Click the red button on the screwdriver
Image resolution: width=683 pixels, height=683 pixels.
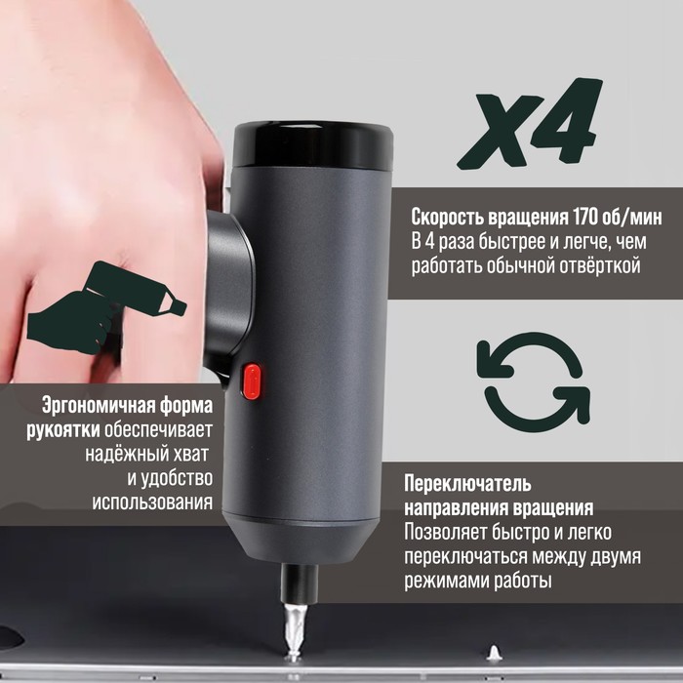252,382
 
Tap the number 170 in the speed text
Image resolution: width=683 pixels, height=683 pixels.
585,217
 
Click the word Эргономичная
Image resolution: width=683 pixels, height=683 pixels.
98,407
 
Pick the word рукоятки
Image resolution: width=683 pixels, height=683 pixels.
63,430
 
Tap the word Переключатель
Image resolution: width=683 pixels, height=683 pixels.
467,484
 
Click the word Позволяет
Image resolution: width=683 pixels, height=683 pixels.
444,533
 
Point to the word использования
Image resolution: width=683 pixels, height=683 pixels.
152,502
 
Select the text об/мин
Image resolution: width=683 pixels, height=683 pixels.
631,217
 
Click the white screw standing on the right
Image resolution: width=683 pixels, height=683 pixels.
494,654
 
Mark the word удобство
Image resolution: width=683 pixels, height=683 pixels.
176,478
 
